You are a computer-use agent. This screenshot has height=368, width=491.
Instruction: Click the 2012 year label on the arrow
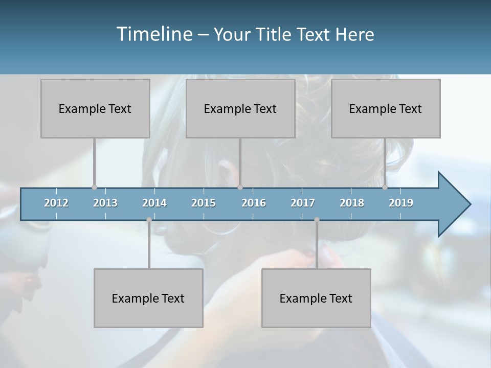(x=56, y=203)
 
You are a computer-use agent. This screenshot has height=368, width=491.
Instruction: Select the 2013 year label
(x=105, y=203)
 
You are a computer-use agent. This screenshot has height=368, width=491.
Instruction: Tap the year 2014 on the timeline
(x=154, y=203)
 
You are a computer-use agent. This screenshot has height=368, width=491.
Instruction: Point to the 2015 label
(x=204, y=203)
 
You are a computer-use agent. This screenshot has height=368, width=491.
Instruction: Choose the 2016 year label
(x=254, y=203)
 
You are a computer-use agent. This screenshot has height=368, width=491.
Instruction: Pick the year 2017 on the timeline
(x=303, y=203)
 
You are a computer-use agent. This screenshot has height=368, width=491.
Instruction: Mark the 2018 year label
(x=352, y=203)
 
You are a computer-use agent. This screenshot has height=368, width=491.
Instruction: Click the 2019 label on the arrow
(x=401, y=203)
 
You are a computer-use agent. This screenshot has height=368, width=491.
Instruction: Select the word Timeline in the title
(x=153, y=34)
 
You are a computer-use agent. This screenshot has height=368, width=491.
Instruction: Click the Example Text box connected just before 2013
(x=95, y=108)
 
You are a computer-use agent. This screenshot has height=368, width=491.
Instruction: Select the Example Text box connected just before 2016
(x=240, y=108)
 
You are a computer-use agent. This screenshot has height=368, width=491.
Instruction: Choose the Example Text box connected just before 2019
(x=386, y=108)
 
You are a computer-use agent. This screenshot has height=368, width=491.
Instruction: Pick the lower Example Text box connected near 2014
(x=148, y=298)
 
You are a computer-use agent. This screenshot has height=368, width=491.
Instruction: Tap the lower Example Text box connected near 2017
(x=316, y=298)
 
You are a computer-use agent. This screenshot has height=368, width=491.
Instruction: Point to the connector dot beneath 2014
(x=149, y=220)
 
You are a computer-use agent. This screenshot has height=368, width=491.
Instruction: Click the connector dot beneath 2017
(x=317, y=220)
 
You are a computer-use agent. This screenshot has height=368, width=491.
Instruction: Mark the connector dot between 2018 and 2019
(x=385, y=187)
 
